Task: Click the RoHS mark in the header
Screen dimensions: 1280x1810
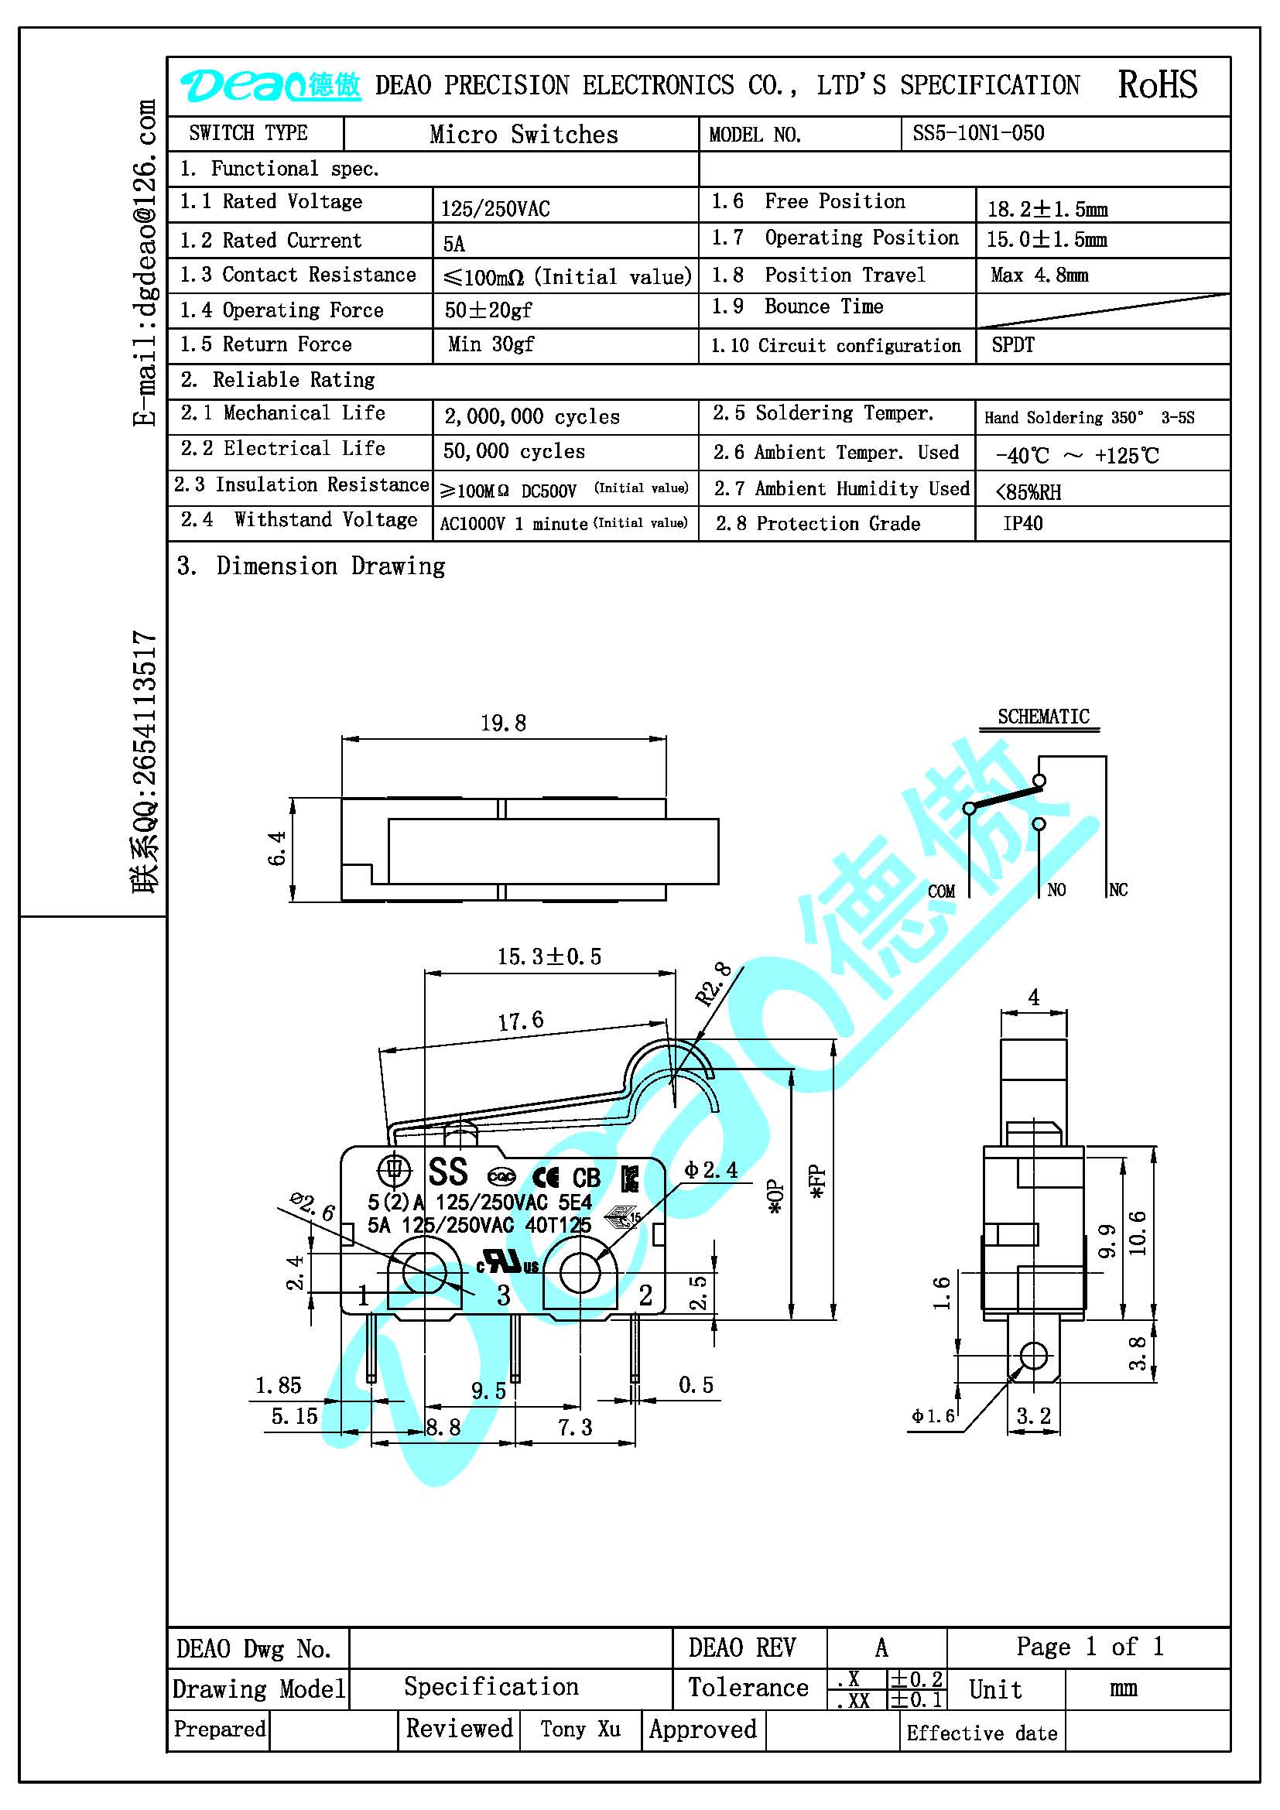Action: pos(1157,84)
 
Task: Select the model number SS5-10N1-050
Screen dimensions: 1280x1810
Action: pos(978,132)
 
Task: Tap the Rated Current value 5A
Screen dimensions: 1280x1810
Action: pos(454,244)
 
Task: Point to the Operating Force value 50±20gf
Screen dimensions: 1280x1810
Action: pos(488,310)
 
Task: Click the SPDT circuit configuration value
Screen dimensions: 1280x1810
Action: pos(1013,344)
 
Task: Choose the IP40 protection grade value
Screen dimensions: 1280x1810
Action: pos(1022,523)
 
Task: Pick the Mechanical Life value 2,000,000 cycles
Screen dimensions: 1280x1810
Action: pos(532,416)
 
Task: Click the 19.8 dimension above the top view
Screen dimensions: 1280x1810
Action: pos(503,722)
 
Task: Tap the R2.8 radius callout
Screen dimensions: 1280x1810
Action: pos(714,984)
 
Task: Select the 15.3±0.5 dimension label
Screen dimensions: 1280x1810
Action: pos(549,956)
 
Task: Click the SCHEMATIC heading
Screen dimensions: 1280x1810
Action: pos(1042,716)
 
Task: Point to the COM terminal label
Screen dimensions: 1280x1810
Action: pos(941,891)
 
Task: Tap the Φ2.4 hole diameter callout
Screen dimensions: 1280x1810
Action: pos(711,1169)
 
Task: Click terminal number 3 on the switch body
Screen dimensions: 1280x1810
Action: pos(504,1295)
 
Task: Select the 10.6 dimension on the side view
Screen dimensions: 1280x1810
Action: pos(1137,1232)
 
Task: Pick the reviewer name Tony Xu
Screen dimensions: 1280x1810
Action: pos(580,1729)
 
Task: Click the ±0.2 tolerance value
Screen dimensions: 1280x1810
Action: pos(916,1680)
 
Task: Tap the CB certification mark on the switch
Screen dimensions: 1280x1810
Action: pos(587,1178)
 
